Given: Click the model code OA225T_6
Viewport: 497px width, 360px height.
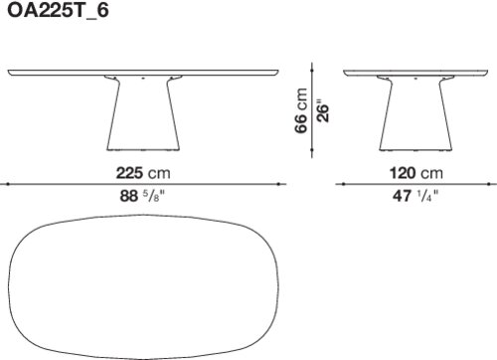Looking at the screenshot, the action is tap(58, 11).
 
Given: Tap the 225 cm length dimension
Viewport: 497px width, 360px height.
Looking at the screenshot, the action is tap(143, 173).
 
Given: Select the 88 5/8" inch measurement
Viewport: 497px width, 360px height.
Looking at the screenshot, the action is tap(142, 196).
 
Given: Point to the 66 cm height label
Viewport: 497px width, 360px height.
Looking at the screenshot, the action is tap(301, 110).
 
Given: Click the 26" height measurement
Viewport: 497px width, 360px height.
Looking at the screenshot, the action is tap(323, 110).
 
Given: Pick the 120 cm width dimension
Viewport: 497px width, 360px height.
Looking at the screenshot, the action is tap(416, 173).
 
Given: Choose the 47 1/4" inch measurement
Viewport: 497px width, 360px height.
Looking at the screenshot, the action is tap(415, 196).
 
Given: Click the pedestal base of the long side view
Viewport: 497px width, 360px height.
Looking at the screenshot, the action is tap(143, 113).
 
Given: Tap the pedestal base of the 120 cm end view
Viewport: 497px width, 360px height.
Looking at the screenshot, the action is tap(415, 113).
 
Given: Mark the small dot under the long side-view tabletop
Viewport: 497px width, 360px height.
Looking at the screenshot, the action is tap(143, 79).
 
